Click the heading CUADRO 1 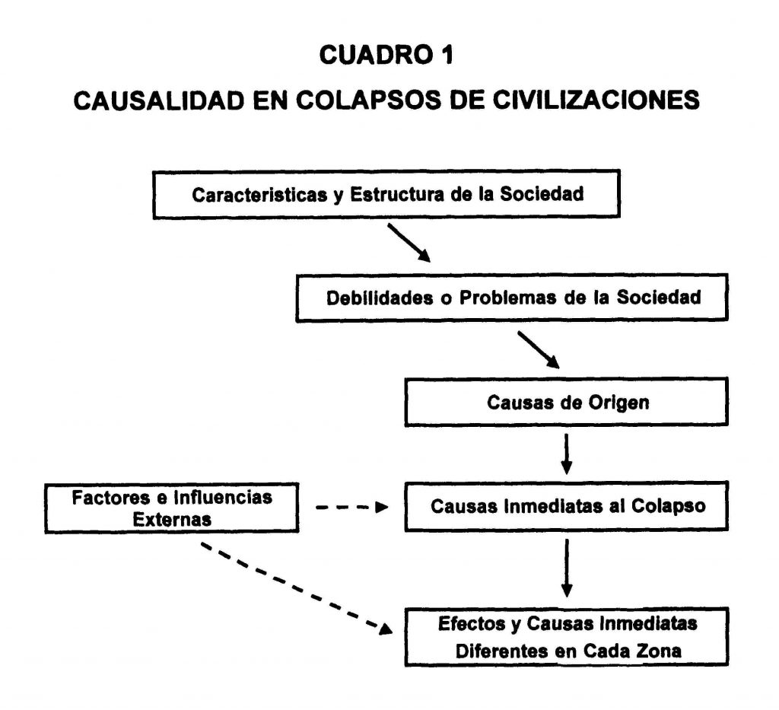386,55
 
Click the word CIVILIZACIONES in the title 596,100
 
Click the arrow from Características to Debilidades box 409,243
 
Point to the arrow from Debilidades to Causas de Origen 539,350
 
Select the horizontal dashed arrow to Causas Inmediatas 351,508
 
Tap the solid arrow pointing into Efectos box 566,568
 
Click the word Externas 172,520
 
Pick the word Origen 618,403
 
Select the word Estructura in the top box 396,194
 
